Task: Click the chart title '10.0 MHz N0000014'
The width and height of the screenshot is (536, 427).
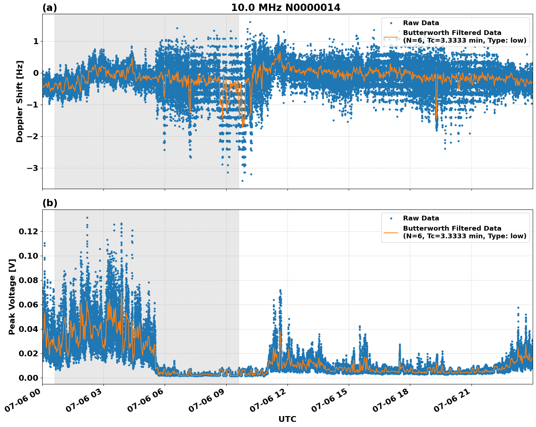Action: [286, 8]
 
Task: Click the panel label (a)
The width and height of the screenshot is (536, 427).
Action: [50, 8]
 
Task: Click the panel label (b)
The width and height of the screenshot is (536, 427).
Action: [50, 203]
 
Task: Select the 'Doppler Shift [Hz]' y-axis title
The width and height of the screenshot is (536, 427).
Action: [20, 101]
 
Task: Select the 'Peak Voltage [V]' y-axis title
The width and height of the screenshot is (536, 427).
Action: [12, 297]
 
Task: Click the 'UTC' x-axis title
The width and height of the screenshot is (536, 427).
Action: [287, 419]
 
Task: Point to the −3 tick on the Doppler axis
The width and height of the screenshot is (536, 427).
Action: [32, 168]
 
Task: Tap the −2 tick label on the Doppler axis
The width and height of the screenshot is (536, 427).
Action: [32, 137]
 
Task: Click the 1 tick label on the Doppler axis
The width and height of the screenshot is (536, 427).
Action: [36, 42]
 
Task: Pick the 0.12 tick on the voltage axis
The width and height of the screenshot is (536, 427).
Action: [28, 232]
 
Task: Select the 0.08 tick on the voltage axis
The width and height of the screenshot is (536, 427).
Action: [28, 281]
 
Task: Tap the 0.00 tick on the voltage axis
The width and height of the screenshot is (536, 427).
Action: [28, 378]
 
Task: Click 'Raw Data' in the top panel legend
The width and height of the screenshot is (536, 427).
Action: [421, 23]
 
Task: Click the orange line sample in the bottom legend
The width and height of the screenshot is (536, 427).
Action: [391, 232]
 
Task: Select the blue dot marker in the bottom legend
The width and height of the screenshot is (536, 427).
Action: [391, 218]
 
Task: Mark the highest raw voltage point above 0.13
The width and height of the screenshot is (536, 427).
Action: [87, 218]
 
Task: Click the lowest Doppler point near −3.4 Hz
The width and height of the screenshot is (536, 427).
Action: [242, 181]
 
